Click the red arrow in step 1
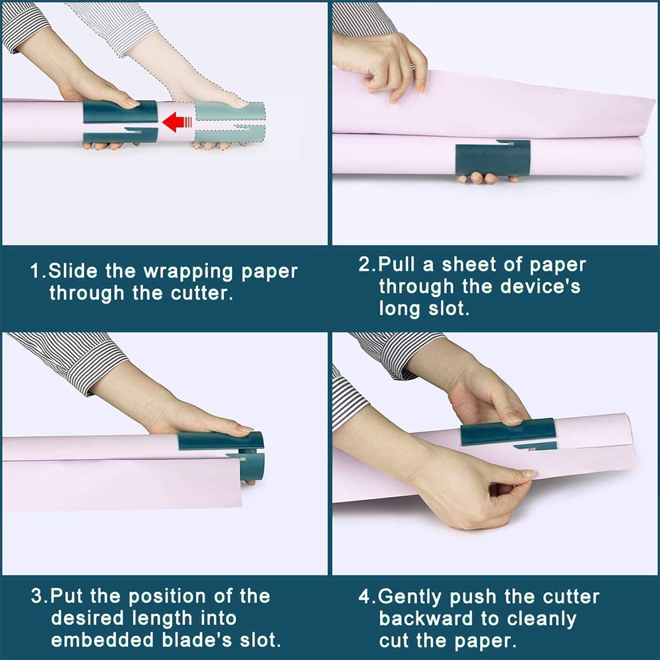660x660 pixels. coord(177,123)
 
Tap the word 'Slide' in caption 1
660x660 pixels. coord(73,271)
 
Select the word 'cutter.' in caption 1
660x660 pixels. coord(202,294)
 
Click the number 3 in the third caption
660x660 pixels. coord(36,596)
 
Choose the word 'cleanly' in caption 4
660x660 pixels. coord(542,620)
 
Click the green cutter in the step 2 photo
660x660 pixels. coord(493,158)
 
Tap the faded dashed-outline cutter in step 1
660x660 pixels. coord(230,123)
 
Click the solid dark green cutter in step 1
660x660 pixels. coord(120,122)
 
